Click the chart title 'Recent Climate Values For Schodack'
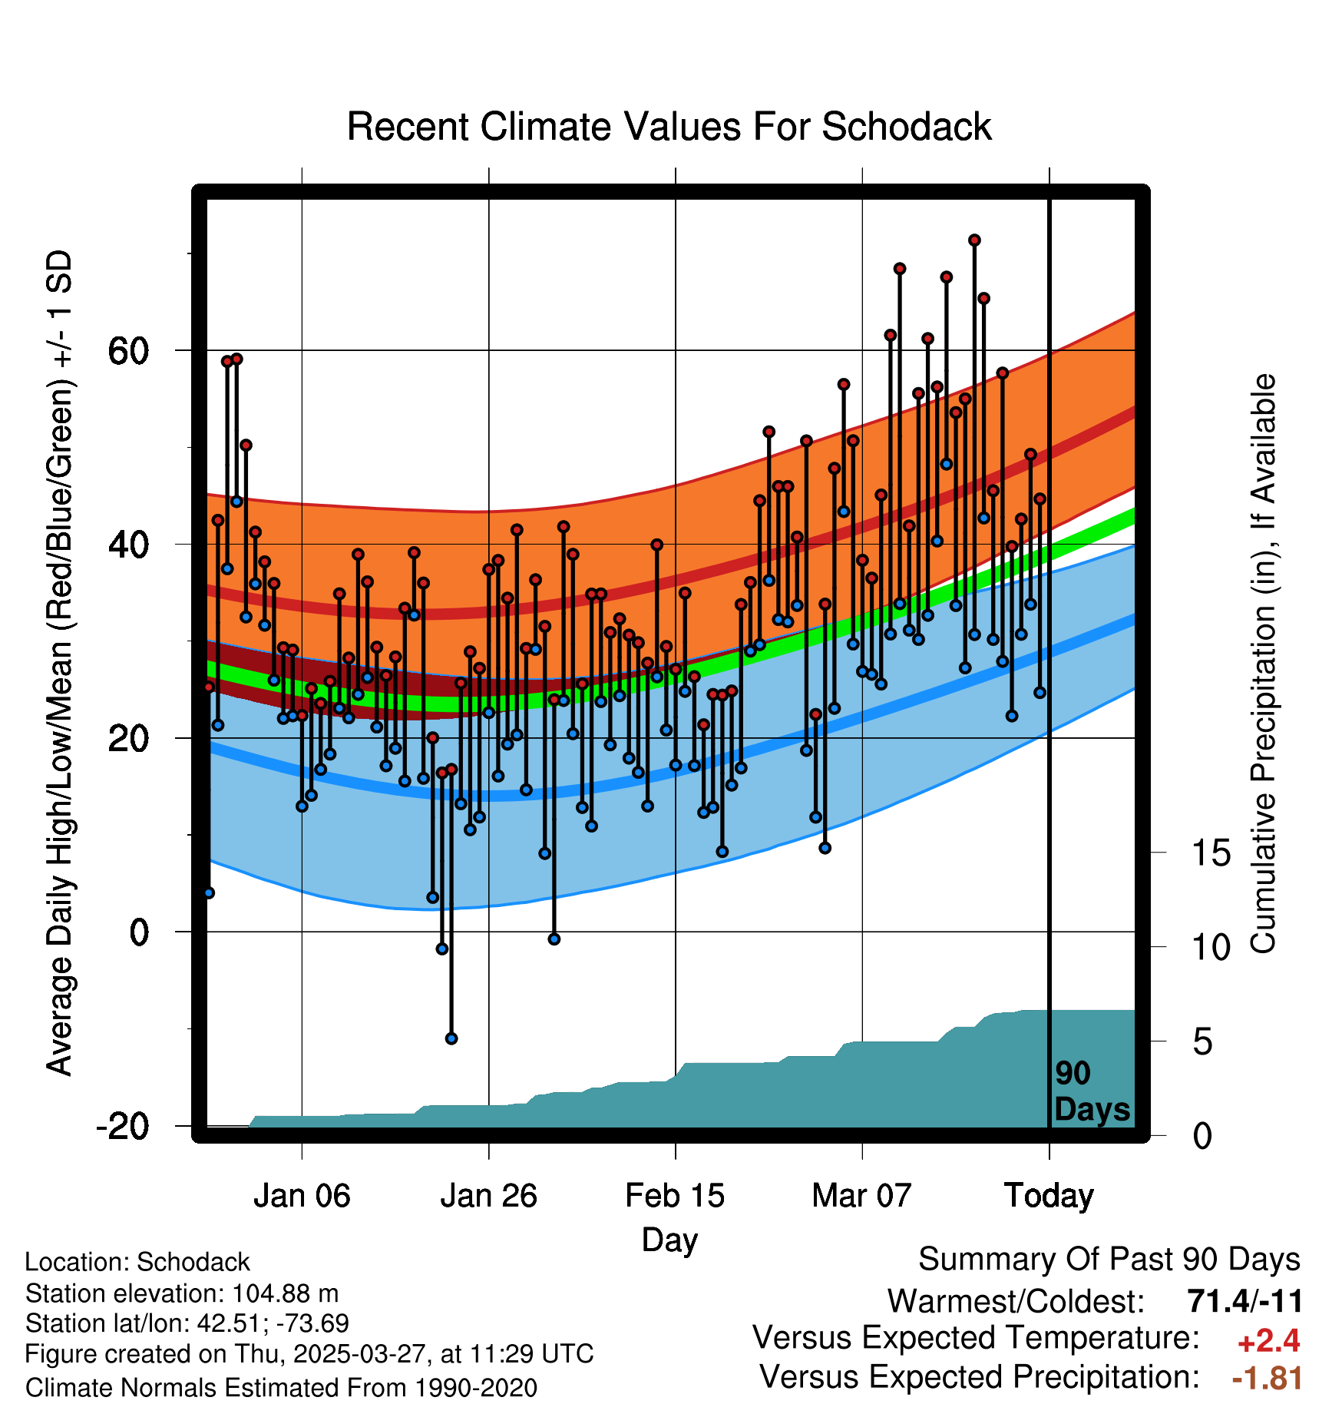669,127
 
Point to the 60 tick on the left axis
128,352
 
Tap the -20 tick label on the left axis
123,1127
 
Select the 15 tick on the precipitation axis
1211,853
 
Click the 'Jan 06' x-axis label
302,1196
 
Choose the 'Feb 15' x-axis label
675,1196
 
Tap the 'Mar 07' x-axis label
861,1196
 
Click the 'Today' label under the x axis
1049,1196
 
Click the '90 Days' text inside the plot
1091,1091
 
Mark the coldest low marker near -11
451,1038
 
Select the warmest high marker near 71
974,240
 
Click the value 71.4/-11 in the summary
1244,1302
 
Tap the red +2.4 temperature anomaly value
1268,1341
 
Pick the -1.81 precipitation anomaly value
1267,1379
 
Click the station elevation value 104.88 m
285,1293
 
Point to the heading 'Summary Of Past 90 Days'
1109,1260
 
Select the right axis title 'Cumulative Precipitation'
1263,664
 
